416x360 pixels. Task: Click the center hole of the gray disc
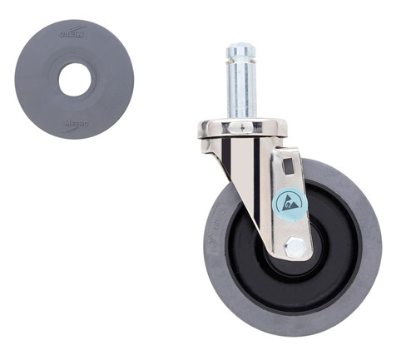(x=75, y=80)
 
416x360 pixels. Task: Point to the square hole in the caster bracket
(x=288, y=166)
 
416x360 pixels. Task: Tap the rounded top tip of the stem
(x=241, y=48)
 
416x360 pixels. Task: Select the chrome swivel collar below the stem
(x=242, y=129)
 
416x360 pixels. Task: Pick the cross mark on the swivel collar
(x=242, y=128)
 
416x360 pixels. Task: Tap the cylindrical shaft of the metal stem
(x=241, y=91)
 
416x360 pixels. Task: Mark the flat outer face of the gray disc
(x=33, y=80)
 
